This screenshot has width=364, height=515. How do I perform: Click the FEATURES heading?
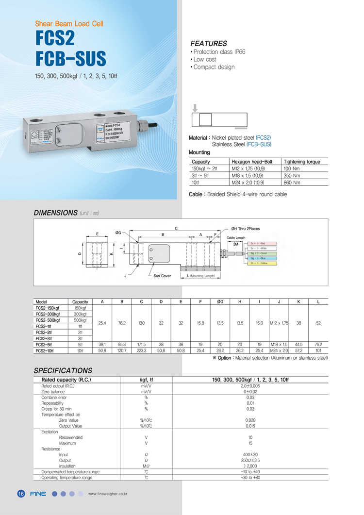coord(208,44)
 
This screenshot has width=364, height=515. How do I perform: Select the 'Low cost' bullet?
coord(204,59)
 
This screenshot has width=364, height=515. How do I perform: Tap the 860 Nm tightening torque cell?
coord(292,183)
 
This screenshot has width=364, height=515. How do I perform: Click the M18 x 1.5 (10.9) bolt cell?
coord(248,176)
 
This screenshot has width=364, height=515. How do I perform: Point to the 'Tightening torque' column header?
coord(302,162)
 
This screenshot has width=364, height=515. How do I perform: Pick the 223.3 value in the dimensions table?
coord(141,350)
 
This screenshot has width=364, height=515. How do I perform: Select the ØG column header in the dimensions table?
coord(220,302)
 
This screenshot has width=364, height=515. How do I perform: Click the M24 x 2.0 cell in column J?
coord(279,350)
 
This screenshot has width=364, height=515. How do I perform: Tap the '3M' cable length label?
coord(235,244)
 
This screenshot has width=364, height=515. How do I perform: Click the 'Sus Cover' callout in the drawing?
coord(163,276)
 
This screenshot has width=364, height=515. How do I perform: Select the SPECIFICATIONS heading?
coord(63,370)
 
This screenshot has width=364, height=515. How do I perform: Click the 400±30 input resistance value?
coord(250,455)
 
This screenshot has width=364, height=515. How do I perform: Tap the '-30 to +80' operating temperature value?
coord(250,478)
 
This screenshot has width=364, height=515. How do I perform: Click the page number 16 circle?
coord(21,494)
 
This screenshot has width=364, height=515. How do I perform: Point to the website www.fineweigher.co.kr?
coord(107,495)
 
